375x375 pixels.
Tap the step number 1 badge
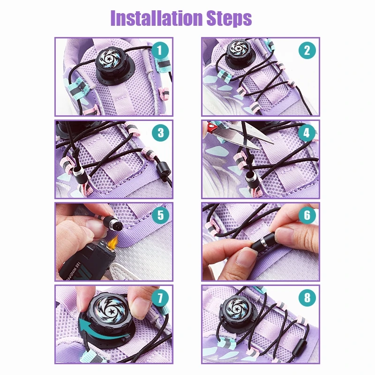(161, 50)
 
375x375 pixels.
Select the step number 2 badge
(307, 50)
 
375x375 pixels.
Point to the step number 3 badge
(161, 132)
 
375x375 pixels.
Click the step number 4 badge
(307, 132)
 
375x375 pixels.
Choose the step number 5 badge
(161, 215)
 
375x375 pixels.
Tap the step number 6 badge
(307, 215)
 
